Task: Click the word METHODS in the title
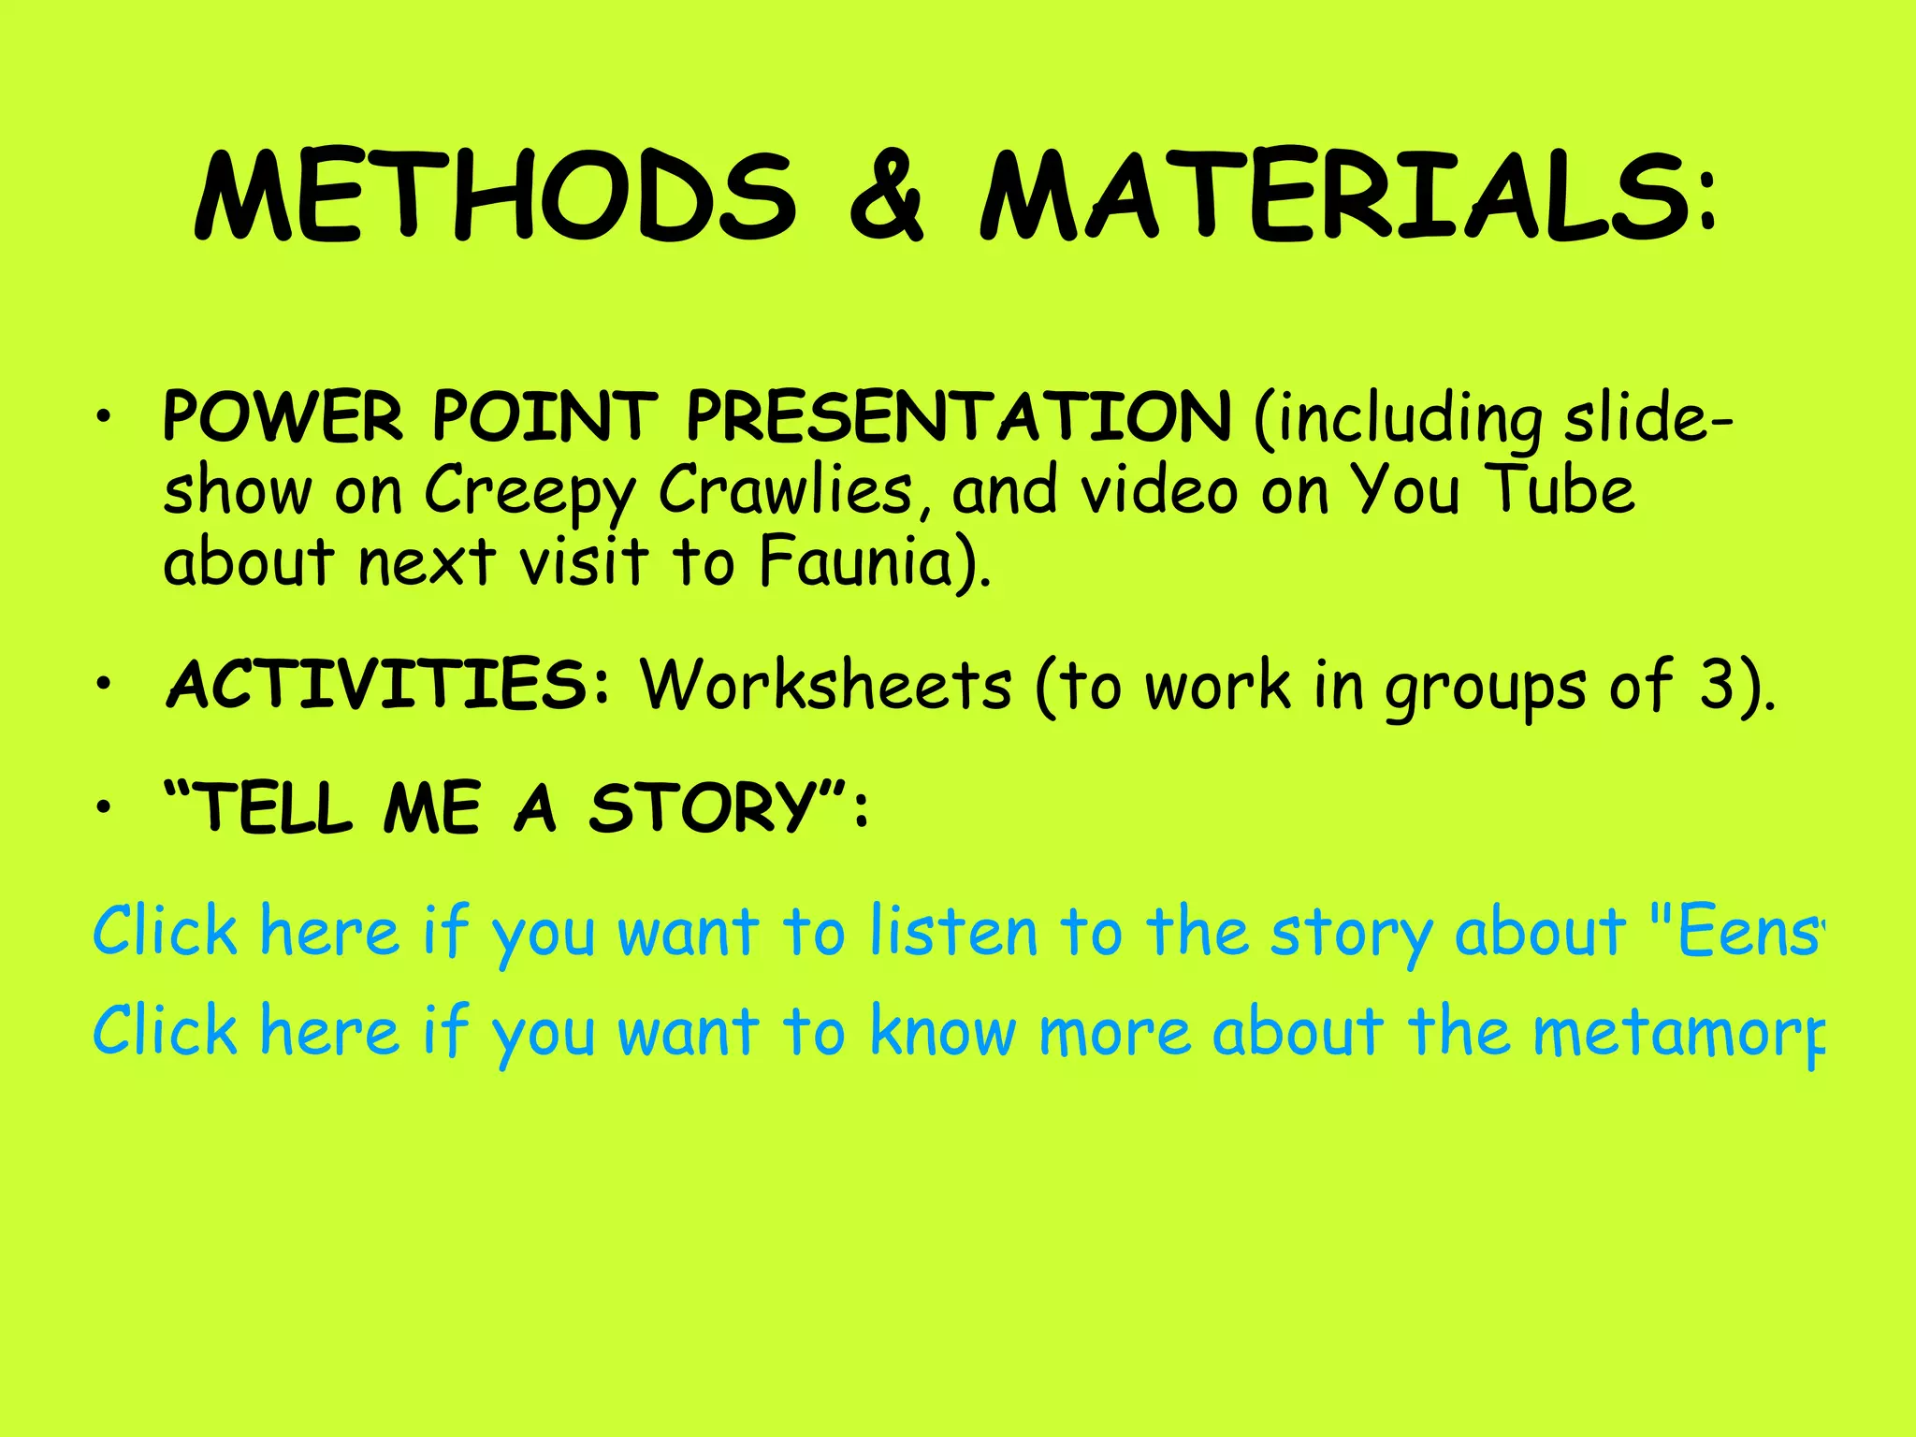click(x=496, y=196)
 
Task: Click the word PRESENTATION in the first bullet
click(x=958, y=416)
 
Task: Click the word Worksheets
click(x=826, y=685)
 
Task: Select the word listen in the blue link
click(x=954, y=932)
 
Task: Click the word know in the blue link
click(x=943, y=1031)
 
